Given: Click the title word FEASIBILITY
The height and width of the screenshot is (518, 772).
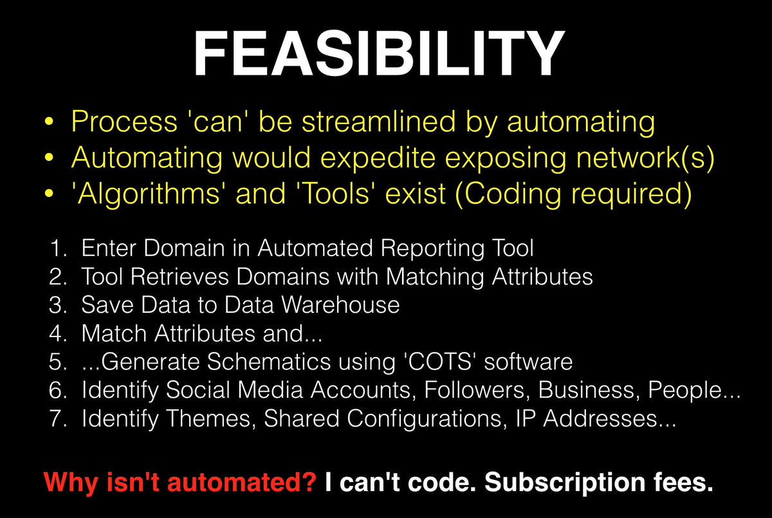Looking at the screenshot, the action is [x=380, y=54].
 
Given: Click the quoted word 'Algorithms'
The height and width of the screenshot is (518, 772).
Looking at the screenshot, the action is [x=141, y=195].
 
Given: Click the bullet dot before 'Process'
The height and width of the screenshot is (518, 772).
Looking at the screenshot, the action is [x=53, y=124].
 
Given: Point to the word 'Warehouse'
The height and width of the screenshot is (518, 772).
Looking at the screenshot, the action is [x=345, y=304].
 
